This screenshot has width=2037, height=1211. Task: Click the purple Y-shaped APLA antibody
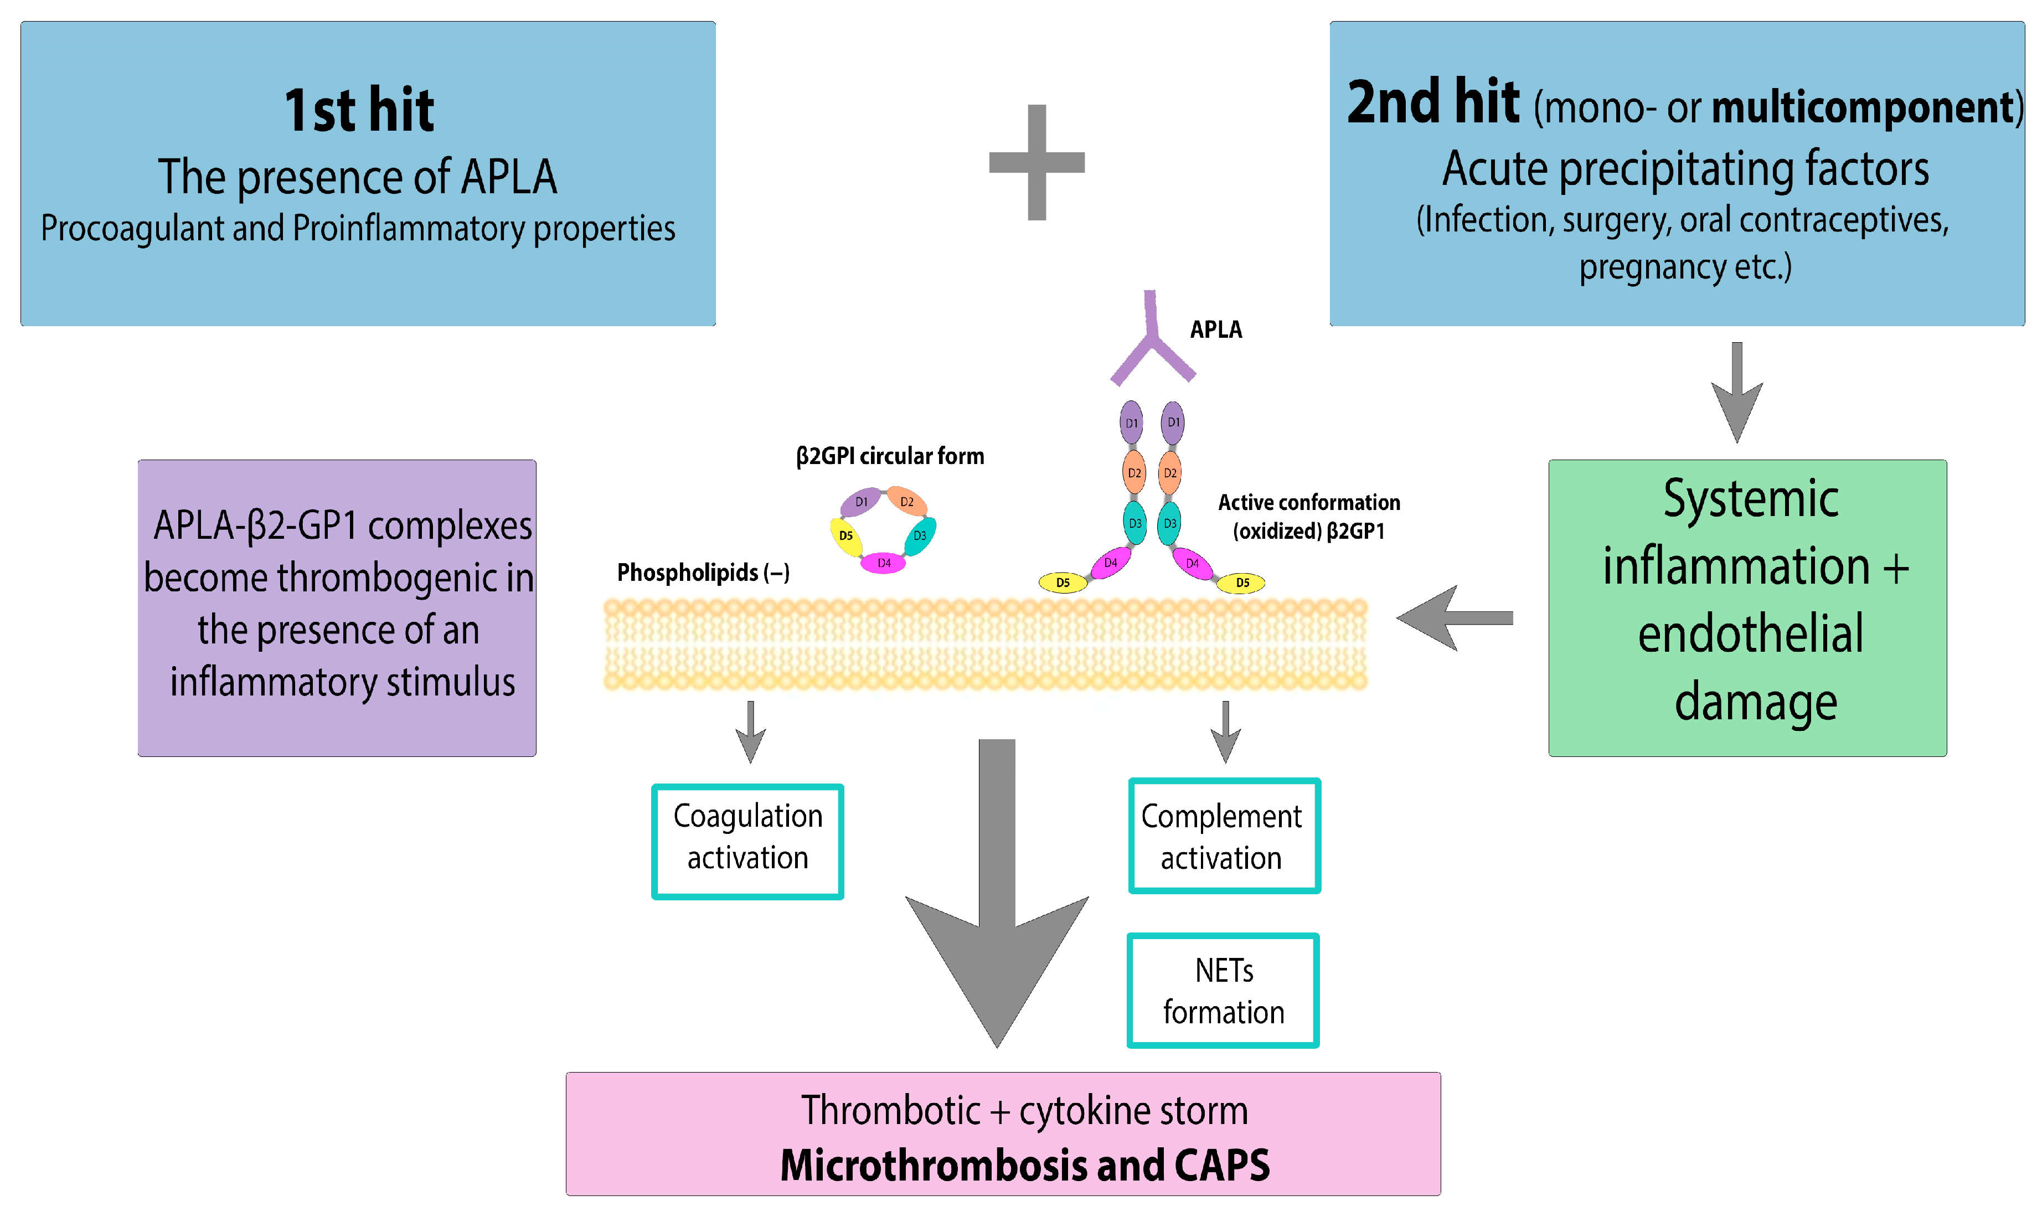pos(1151,343)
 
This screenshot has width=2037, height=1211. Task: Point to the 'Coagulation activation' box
pos(747,841)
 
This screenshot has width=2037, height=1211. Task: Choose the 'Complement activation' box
pos(1223,836)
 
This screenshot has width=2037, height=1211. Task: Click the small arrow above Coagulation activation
pos(750,730)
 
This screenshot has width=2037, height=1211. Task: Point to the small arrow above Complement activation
pos(1225,730)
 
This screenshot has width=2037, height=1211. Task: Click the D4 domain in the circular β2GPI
pos(884,563)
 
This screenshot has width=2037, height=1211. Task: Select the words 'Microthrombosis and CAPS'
pos(1025,1164)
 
